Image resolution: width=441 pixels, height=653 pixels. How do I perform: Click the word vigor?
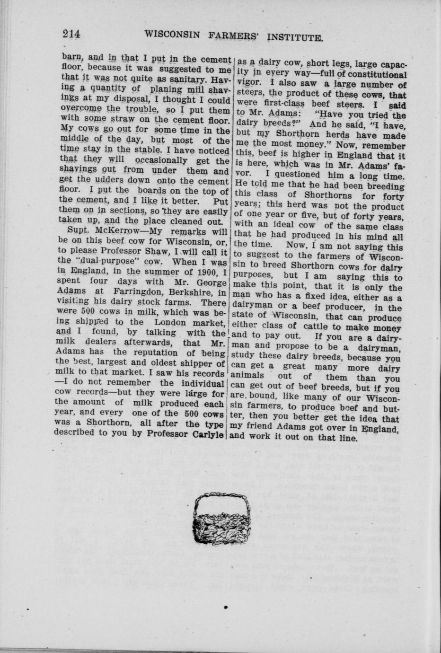point(247,84)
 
